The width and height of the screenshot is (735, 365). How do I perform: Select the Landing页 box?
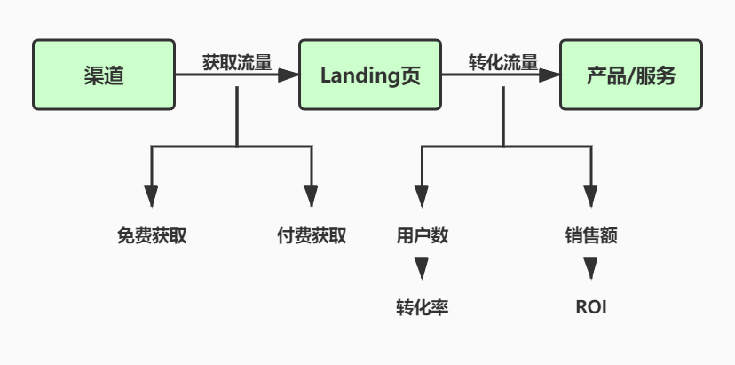(x=368, y=75)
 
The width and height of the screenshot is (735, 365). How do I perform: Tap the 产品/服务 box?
(x=631, y=75)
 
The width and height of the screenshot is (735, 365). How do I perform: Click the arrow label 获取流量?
(x=237, y=62)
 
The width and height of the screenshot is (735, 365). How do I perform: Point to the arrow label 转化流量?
(x=502, y=62)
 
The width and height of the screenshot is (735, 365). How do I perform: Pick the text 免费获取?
(x=152, y=236)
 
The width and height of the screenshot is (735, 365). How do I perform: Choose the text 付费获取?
(x=312, y=236)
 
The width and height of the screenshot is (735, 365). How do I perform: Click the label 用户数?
(x=422, y=236)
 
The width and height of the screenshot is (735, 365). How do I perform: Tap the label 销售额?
(x=590, y=236)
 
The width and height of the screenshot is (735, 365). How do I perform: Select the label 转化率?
(x=422, y=307)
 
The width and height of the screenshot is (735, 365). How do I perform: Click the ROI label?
(x=591, y=308)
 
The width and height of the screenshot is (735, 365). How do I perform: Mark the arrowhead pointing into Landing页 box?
(x=288, y=75)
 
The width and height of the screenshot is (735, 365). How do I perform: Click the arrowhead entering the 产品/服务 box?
(x=550, y=75)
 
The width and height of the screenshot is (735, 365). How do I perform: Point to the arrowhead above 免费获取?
(x=152, y=196)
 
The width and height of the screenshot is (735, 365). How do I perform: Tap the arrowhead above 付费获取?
(x=312, y=196)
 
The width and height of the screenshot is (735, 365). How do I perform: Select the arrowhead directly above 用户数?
(x=422, y=196)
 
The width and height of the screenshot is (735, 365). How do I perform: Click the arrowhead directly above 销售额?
(x=590, y=196)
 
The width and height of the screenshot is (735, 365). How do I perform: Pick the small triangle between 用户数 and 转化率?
(x=422, y=267)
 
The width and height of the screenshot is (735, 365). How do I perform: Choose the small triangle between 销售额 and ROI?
(x=590, y=267)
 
